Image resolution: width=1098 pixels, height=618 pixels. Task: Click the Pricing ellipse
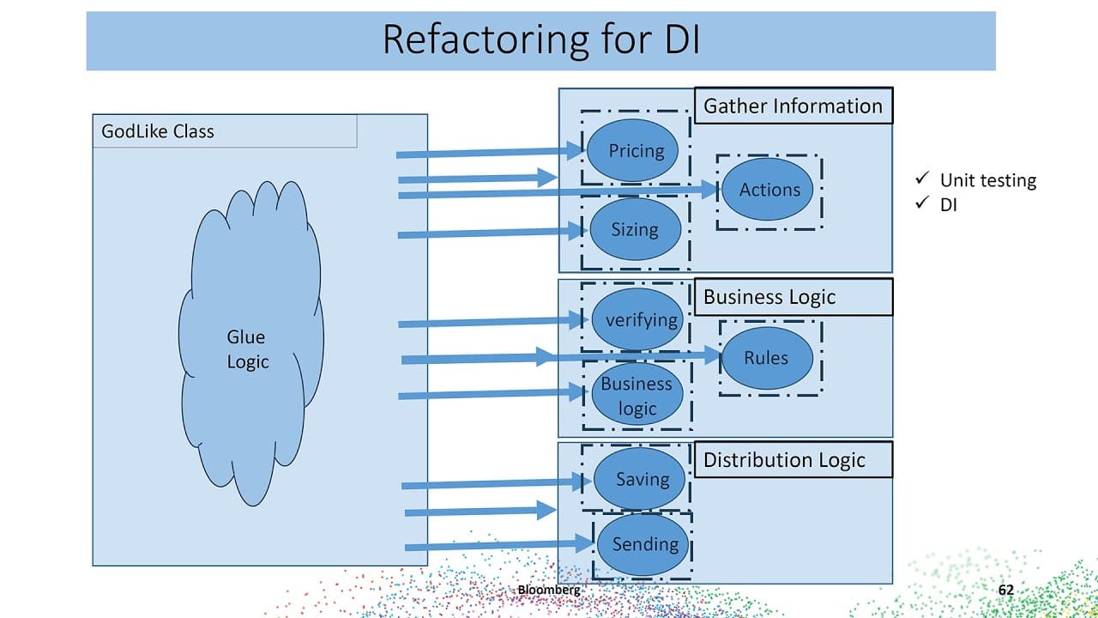(632, 150)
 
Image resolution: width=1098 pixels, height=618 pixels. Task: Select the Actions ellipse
(767, 190)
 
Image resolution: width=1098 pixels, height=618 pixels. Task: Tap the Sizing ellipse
(636, 229)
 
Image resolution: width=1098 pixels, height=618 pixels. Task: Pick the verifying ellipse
(637, 319)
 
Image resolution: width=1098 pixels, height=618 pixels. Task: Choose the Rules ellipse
(767, 358)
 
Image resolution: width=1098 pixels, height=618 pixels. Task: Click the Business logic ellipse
(637, 396)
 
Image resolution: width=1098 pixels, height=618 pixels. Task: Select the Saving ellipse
(639, 479)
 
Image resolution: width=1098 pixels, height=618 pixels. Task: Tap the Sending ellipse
(643, 544)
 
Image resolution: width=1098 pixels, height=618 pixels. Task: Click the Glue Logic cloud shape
(250, 343)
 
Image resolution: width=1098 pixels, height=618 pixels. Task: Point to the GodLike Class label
(157, 131)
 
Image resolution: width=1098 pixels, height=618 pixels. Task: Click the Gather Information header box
(793, 106)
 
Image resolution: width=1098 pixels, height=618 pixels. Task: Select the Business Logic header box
(793, 297)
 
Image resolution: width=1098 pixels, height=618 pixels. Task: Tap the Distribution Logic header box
(793, 459)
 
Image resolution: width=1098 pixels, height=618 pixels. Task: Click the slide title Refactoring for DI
(541, 39)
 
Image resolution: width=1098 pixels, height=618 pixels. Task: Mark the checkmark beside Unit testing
(922, 178)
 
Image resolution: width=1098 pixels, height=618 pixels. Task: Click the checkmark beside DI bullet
(922, 202)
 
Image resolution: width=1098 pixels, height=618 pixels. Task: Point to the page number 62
(1006, 590)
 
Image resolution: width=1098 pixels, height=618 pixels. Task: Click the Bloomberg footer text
(549, 590)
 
